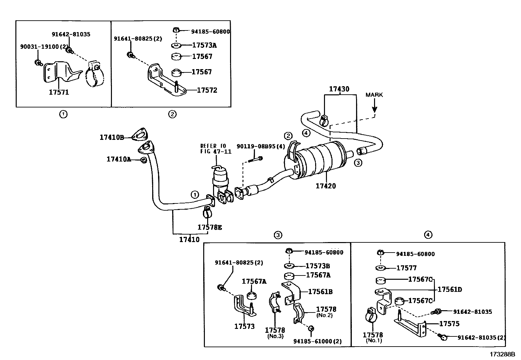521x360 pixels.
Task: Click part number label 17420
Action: [x=326, y=186]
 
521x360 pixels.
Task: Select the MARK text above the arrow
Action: [x=374, y=95]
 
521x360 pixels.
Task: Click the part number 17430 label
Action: [x=339, y=89]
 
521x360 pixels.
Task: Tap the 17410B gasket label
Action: [x=112, y=138]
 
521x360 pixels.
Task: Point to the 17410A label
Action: [x=118, y=159]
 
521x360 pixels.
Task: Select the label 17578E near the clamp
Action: [x=209, y=227]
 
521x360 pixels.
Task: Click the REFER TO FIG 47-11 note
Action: [x=216, y=149]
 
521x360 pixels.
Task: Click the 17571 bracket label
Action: [x=59, y=92]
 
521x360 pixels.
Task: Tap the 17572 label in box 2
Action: [x=207, y=90]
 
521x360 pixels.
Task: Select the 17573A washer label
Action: [x=204, y=46]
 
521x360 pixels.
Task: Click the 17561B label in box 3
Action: [x=320, y=292]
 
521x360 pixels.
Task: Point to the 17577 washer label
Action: [x=406, y=268]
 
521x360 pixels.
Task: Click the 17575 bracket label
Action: [x=449, y=324]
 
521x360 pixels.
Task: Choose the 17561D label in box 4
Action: [x=450, y=290]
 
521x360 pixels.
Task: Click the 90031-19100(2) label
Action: [x=44, y=47]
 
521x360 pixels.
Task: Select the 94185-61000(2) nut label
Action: [x=317, y=341]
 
